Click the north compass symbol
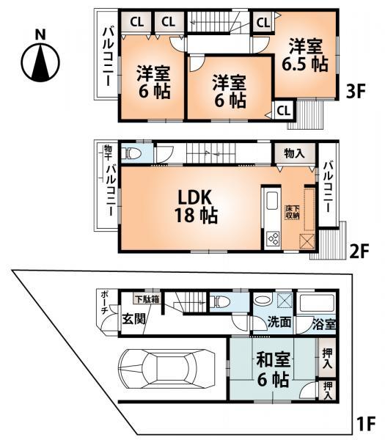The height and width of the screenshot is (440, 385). [40, 61]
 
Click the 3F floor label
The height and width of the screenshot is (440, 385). [356, 92]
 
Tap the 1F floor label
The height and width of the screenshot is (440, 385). [365, 423]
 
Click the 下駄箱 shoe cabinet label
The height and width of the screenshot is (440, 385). [145, 299]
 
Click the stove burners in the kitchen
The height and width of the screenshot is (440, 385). [272, 238]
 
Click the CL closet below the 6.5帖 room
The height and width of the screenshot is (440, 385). [284, 111]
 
